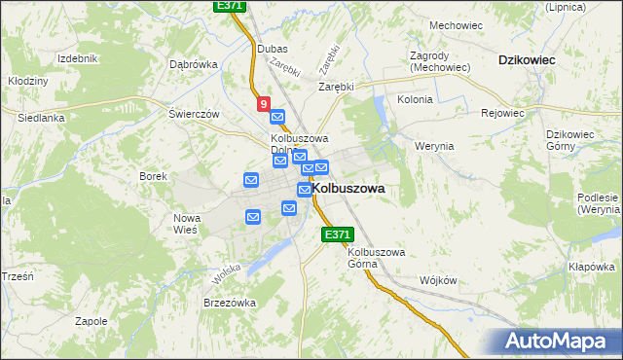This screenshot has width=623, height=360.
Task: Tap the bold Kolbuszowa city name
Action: (348, 188)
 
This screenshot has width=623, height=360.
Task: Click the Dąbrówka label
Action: (193, 64)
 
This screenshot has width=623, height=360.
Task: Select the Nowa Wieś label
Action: (186, 224)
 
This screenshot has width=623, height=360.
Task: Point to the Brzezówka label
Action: (230, 303)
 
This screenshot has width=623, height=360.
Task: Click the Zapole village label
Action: (91, 320)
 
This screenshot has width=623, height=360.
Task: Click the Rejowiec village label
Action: (502, 113)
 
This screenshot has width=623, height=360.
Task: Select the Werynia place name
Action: (434, 146)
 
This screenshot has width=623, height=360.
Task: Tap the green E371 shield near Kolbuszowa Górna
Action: (336, 234)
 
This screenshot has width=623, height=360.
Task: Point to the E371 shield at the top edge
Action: (229, 6)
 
